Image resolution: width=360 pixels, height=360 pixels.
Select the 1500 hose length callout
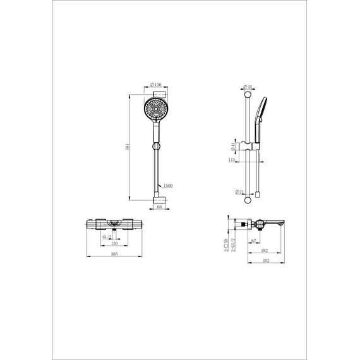[x=168, y=186]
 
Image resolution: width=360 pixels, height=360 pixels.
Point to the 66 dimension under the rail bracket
[x=159, y=207]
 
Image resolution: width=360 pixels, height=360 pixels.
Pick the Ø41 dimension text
[x=233, y=147]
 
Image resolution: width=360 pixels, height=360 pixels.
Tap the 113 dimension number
[x=231, y=160]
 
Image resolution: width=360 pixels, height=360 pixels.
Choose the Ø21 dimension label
[x=239, y=191]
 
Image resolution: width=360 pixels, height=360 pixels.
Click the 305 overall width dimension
[x=114, y=255]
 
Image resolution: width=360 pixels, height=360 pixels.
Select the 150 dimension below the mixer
[x=114, y=243]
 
